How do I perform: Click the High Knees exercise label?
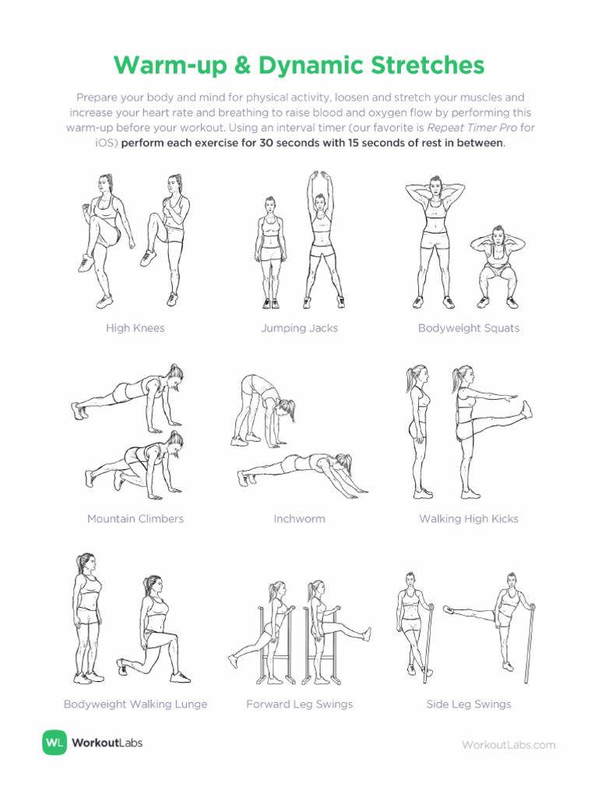135,328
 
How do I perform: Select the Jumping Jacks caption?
299,328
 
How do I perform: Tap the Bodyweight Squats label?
469,328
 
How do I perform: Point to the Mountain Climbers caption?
135,518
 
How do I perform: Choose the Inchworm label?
299,518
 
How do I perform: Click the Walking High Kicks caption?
469,518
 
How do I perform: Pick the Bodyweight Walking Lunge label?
135,704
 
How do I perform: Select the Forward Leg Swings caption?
299,704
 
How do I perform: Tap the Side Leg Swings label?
469,704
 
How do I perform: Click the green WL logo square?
55,743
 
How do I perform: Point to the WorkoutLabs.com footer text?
508,744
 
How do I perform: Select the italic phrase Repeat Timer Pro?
466,127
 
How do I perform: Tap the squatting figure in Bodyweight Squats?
496,266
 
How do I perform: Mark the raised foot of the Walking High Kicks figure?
527,408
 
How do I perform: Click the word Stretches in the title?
426,65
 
